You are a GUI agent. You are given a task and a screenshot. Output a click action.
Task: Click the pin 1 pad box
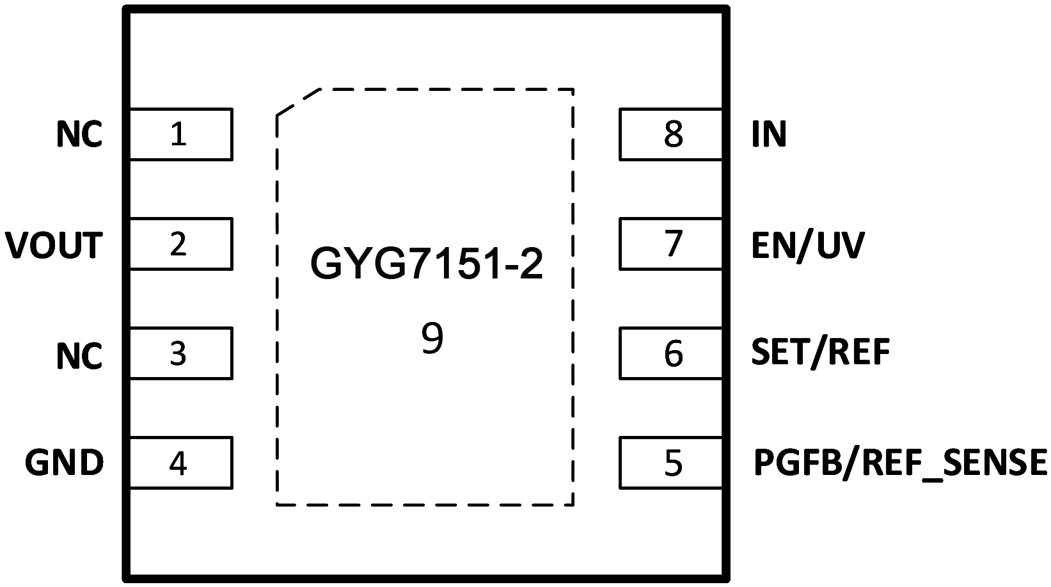click(x=180, y=134)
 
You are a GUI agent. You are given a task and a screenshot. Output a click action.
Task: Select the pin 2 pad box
click(x=180, y=244)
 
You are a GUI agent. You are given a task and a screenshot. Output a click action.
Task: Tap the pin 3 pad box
click(x=180, y=353)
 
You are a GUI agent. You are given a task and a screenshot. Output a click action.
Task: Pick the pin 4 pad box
click(x=180, y=463)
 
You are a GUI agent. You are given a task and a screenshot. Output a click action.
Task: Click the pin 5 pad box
click(x=670, y=463)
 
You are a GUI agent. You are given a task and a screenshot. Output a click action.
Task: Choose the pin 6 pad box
click(x=670, y=353)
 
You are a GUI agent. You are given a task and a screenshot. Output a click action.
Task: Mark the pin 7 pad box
click(x=670, y=244)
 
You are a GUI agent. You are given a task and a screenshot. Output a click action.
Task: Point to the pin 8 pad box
click(x=670, y=134)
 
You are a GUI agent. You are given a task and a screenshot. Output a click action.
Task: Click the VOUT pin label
click(x=54, y=245)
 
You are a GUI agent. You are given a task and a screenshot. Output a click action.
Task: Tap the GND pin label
click(x=64, y=463)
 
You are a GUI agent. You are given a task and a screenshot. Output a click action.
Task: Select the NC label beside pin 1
click(x=79, y=135)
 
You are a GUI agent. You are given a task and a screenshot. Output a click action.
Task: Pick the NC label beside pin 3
click(x=79, y=355)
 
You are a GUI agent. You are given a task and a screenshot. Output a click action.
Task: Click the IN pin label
click(x=769, y=135)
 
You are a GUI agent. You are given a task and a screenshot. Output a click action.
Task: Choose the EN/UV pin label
click(x=808, y=245)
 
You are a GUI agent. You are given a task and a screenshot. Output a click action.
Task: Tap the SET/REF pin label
click(x=821, y=352)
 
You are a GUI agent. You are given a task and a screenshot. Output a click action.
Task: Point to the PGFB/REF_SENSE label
click(x=900, y=463)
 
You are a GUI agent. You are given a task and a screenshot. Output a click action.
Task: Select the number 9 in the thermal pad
click(x=432, y=339)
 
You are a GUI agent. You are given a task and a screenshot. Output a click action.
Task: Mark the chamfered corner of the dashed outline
click(x=297, y=102)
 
